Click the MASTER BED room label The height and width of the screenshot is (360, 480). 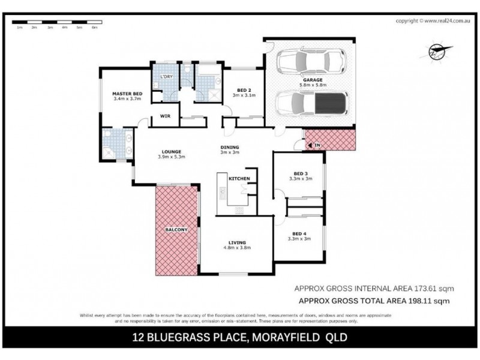pyautogui.click(x=127, y=94)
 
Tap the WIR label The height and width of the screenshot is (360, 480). pyautogui.click(x=163, y=117)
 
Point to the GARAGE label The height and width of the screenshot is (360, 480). pyautogui.click(x=313, y=79)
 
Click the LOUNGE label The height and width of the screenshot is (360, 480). pyautogui.click(x=170, y=151)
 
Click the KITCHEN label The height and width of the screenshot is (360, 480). pyautogui.click(x=239, y=179)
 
